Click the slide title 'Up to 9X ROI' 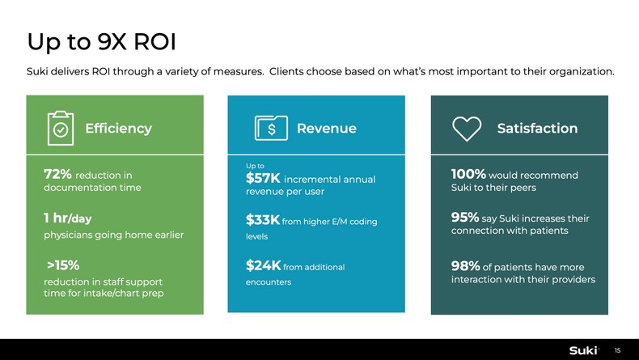tap(101, 40)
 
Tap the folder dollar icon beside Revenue tap(271, 128)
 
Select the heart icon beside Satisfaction tap(467, 128)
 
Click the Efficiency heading tap(118, 128)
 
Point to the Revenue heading tap(326, 128)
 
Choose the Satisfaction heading tap(537, 128)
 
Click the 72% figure tap(57, 174)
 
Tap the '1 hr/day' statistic tap(67, 218)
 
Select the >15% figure tap(62, 265)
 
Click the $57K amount tap(263, 178)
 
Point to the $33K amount tap(263, 220)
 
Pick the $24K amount tap(263, 265)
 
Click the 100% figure tap(468, 174)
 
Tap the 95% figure tap(465, 218)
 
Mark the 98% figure tap(465, 266)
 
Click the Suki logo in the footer tap(583, 349)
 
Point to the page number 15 tap(618, 350)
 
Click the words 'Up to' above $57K tap(255, 166)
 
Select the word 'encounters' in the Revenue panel tap(269, 282)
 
